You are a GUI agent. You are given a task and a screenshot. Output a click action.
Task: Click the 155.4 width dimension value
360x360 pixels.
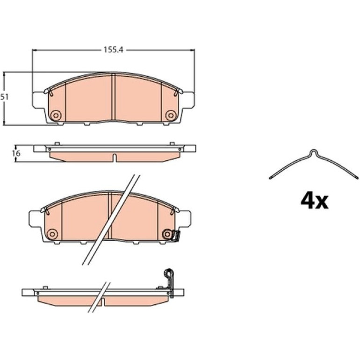[x=114, y=50]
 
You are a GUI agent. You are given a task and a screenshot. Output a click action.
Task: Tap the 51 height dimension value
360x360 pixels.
[x=4, y=97]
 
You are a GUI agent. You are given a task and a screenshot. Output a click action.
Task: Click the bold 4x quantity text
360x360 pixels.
[x=315, y=201]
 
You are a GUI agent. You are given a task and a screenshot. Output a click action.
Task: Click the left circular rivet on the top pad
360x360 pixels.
[x=55, y=115]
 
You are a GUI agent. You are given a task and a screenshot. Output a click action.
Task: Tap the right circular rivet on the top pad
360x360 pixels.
[x=171, y=115]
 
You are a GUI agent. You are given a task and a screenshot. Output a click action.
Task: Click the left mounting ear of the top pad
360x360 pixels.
[x=38, y=100]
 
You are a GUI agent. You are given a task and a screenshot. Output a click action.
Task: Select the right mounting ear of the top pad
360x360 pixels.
[x=188, y=100]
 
